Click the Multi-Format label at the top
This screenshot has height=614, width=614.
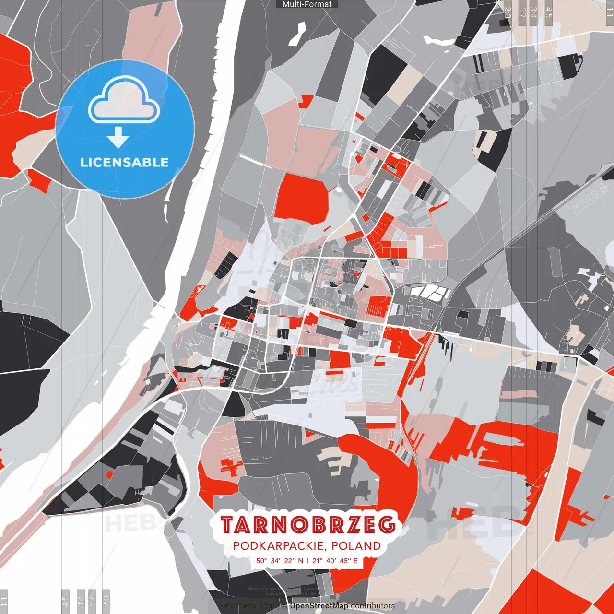point(307,4)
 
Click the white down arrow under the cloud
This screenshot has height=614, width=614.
point(118,138)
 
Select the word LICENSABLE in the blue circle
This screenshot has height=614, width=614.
point(125,162)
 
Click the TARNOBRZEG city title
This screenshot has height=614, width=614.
point(309,525)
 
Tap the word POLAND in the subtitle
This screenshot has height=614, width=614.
point(356,546)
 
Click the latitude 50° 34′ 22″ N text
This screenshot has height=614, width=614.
point(280,560)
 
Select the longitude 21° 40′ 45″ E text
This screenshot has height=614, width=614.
point(335,560)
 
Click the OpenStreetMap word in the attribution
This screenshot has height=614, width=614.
point(319,606)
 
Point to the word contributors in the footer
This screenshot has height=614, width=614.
point(373,606)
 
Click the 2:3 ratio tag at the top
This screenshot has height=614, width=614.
point(508,12)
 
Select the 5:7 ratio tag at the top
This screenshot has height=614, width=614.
point(521,12)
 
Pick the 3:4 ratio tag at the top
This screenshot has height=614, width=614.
point(533,12)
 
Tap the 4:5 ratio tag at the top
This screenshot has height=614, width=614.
point(549,12)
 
